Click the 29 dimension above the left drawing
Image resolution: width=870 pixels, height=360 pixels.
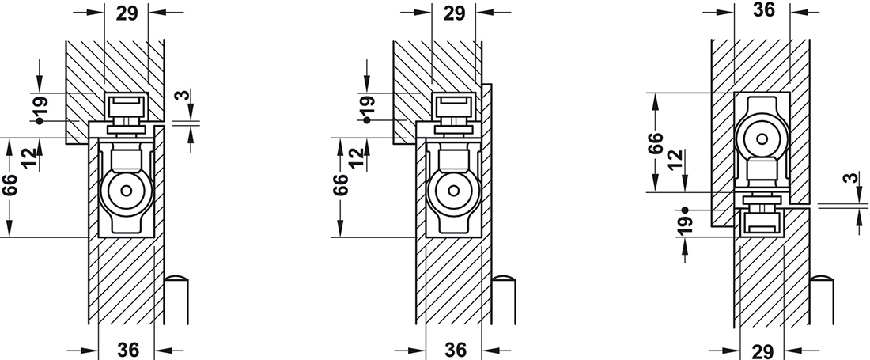[x=126, y=13]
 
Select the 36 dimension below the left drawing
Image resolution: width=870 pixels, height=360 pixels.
[x=127, y=349]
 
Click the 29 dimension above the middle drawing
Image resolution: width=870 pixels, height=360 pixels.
[x=454, y=13]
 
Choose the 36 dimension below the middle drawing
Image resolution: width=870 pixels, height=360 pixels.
[x=456, y=349]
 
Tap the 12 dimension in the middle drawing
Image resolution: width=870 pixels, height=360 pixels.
[x=359, y=157]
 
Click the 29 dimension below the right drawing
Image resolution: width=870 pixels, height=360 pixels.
[x=763, y=349]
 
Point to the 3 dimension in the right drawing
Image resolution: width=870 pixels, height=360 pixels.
[x=848, y=180]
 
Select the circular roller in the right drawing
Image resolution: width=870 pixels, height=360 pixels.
[x=761, y=139]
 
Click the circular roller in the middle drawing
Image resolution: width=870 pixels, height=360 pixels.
[x=452, y=191]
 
